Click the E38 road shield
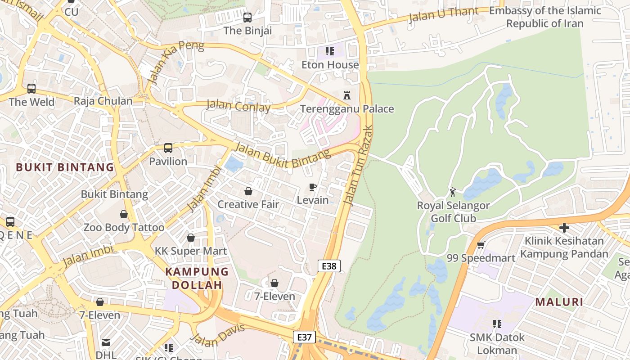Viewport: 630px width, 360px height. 329,266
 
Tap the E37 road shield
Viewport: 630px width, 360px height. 305,337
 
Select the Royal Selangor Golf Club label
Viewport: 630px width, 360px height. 453,212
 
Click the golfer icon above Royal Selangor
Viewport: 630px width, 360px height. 453,192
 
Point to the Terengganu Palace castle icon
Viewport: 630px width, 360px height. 347,95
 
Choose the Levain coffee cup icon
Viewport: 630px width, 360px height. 313,187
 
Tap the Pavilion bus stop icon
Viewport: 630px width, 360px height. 168,148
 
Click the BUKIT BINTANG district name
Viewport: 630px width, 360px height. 65,167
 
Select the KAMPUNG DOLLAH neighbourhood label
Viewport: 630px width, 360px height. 197,278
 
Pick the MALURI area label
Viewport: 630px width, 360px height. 559,302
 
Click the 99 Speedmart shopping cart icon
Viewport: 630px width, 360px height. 481,245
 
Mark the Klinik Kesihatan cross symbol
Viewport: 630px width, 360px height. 564,228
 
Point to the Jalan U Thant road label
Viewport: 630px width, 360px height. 443,14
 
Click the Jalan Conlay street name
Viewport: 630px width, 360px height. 238,106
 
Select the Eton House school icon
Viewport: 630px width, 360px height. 330,51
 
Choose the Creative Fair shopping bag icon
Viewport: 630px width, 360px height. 248,191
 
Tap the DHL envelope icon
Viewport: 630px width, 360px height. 106,342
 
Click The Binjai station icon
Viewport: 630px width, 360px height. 247,18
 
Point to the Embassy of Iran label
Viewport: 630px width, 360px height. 545,17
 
